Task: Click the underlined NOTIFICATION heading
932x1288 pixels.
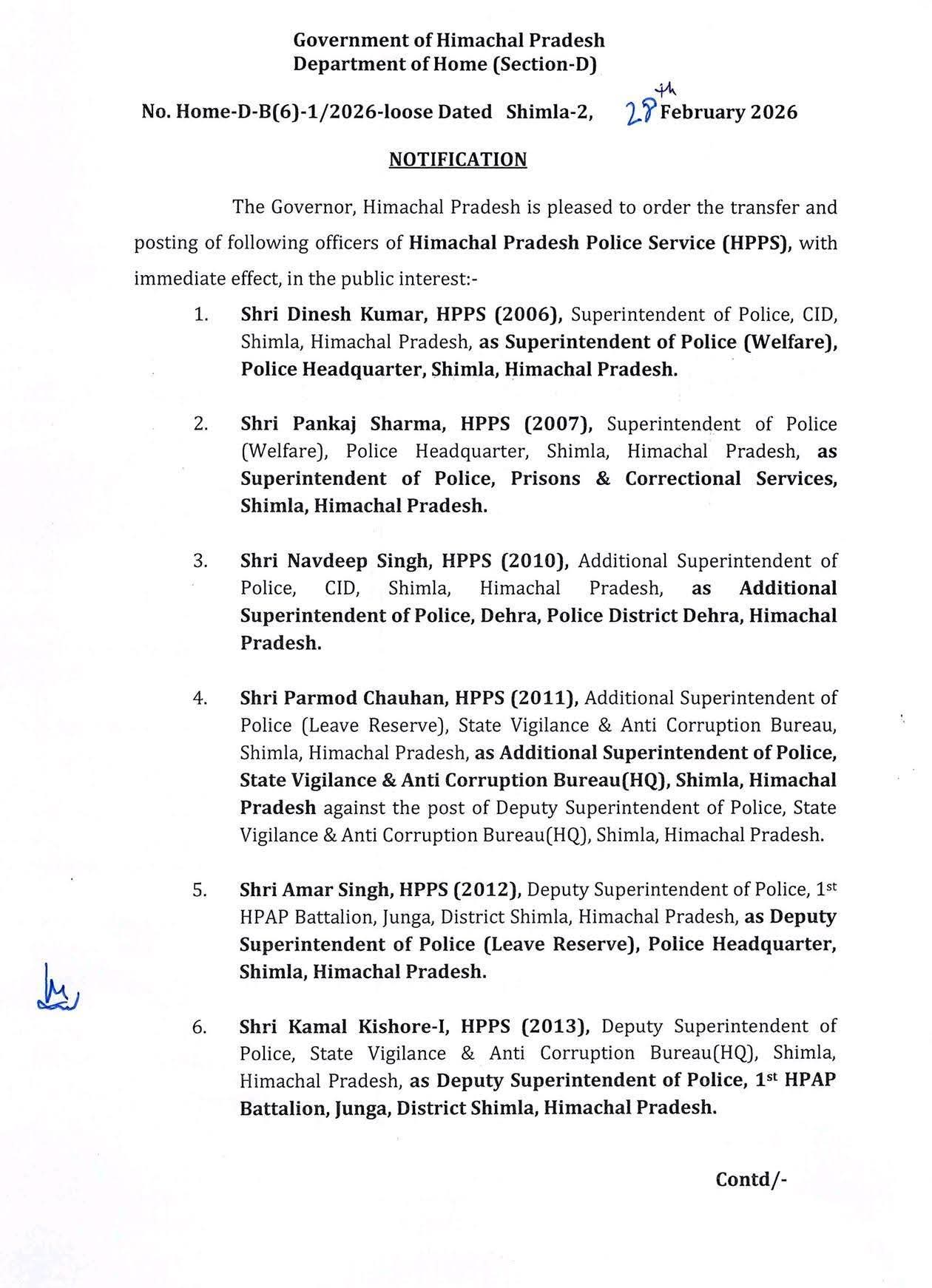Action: (458, 160)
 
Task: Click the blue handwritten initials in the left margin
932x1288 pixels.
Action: (58, 988)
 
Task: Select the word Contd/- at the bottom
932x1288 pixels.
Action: (751, 1179)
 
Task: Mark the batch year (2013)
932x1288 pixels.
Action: (555, 1026)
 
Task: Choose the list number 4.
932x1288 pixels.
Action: (200, 698)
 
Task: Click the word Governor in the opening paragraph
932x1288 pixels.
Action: (312, 207)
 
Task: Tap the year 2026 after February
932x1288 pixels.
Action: (774, 112)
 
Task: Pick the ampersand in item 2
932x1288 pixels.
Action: (603, 478)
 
